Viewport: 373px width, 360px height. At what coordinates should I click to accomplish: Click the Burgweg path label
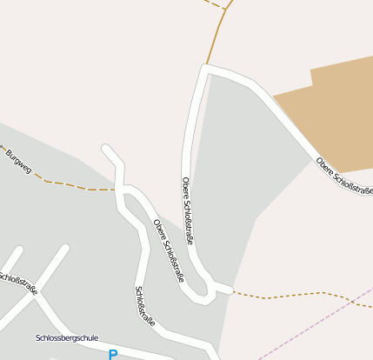coord(18,161)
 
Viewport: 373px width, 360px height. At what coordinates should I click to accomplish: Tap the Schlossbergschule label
coord(67,337)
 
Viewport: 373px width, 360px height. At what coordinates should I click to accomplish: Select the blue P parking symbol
coord(112,354)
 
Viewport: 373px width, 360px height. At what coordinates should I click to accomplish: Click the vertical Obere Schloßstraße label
coord(188,210)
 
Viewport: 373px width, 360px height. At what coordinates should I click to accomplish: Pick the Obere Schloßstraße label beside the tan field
coord(344,177)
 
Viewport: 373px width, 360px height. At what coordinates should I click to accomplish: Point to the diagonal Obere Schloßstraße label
coord(169,250)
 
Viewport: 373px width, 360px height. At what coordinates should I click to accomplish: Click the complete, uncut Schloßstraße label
coord(145,306)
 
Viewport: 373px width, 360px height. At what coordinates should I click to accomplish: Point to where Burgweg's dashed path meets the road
coord(117,189)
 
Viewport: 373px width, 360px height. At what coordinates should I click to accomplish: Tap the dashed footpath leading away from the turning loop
coord(287,297)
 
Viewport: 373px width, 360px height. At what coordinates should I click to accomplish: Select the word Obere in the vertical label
coord(186,187)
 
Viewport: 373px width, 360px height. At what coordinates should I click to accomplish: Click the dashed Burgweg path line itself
coord(70,184)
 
